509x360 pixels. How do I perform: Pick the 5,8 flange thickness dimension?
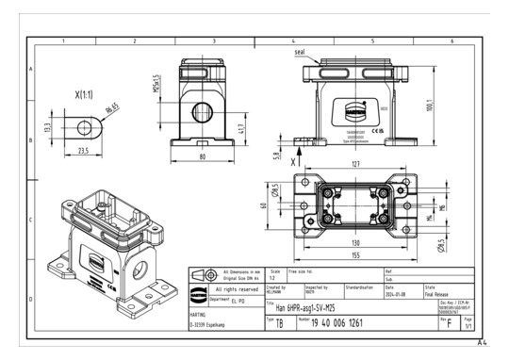pos(277,156)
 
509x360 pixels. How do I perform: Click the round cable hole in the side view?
pos(202,111)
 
